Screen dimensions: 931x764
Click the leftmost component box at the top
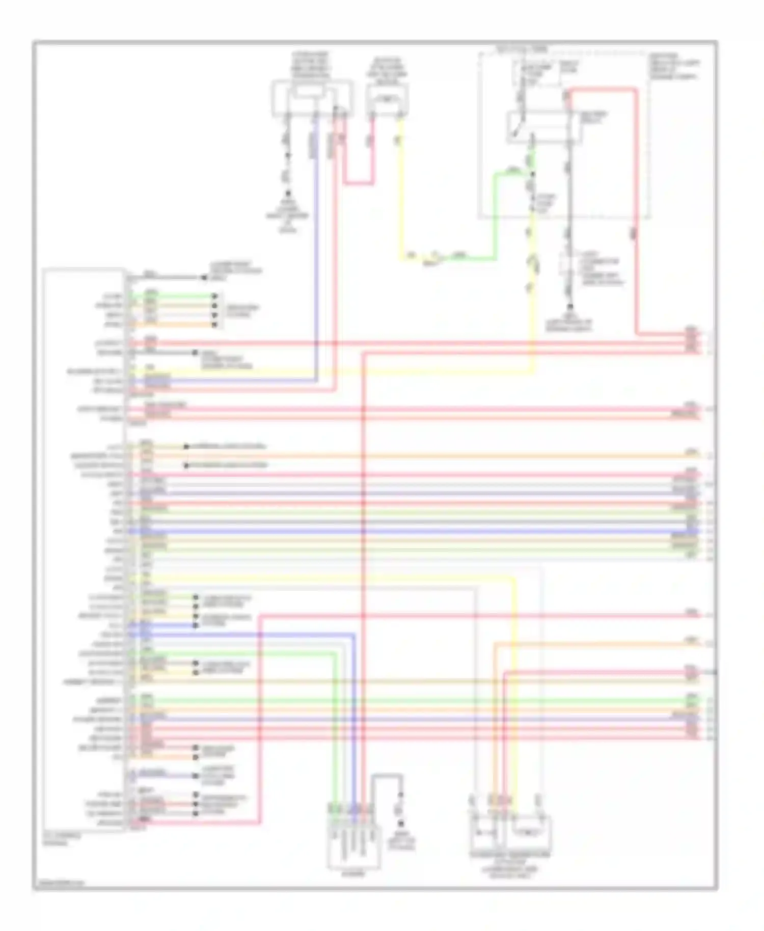click(312, 97)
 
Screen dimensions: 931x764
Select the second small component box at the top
click(387, 98)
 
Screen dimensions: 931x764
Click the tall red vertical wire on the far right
click(636, 214)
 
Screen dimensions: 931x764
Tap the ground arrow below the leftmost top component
click(288, 194)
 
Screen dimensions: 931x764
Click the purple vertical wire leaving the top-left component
click(316, 255)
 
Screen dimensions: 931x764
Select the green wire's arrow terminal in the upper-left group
click(215, 295)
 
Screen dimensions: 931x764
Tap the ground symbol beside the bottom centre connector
click(401, 824)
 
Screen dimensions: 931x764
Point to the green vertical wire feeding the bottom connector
click(335, 728)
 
